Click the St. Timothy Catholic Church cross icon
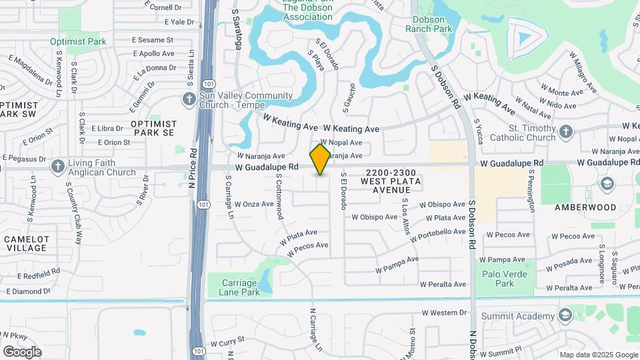point(566,131)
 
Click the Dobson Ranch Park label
point(429,24)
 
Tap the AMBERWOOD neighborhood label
point(586,207)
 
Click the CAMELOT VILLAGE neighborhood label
point(26,243)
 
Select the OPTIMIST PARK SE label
point(153,128)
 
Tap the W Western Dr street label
point(445,312)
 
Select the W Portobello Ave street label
point(437,235)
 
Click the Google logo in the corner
point(22,351)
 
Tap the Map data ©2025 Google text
point(598,355)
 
